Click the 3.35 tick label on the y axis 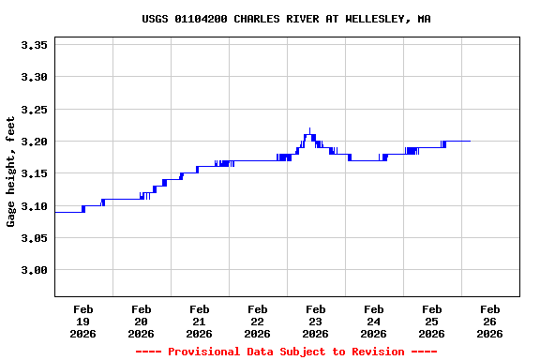[x=34, y=44]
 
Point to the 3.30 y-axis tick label [x=34, y=77]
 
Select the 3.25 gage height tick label [x=34, y=109]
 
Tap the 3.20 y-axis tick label [x=34, y=142]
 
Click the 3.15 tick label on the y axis [x=34, y=173]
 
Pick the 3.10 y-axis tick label [x=34, y=206]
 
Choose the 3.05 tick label [x=34, y=238]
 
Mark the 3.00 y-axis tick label [x=34, y=271]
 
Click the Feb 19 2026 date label [x=83, y=321]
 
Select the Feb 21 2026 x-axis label [x=200, y=321]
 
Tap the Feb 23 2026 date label [x=316, y=321]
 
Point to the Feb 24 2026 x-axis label [x=374, y=321]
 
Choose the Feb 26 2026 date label [x=490, y=321]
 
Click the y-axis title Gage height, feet [x=11, y=172]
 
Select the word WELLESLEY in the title [x=376, y=19]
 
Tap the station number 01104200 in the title [x=202, y=19]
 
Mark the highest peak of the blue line [x=309, y=128]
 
